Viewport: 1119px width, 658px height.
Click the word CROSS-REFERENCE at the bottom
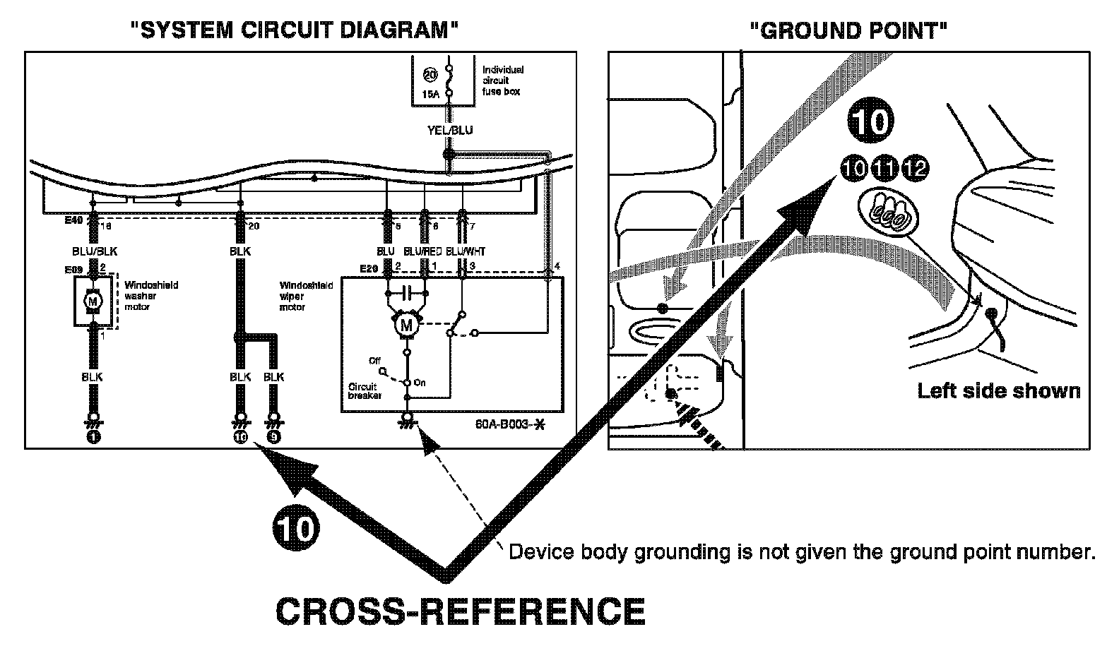[460, 611]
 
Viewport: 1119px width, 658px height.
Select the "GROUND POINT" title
[848, 30]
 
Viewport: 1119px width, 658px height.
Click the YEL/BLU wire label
[450, 130]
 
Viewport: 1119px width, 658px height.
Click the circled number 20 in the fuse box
[430, 73]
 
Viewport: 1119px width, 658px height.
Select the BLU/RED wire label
[422, 251]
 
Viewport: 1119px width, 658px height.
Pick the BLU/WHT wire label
[466, 251]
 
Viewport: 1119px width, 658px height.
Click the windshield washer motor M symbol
[92, 301]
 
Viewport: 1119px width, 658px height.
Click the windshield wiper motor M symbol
[405, 325]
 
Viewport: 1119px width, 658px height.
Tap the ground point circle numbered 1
[93, 437]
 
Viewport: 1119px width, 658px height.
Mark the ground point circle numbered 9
[274, 437]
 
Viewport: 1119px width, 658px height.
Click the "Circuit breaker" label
[364, 391]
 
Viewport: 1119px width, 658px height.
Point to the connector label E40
[73, 220]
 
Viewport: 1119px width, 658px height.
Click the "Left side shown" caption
[998, 390]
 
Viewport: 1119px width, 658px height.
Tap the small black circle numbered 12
[916, 168]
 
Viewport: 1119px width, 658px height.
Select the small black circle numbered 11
[884, 168]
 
